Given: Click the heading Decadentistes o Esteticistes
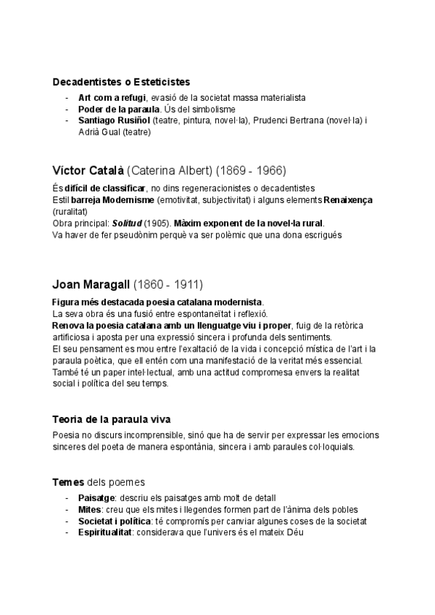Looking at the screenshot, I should coord(122,82).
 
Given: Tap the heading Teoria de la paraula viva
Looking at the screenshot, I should coord(112,420).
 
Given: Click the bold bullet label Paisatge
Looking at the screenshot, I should coord(96,498).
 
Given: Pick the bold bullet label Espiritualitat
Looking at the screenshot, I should coord(109,532).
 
